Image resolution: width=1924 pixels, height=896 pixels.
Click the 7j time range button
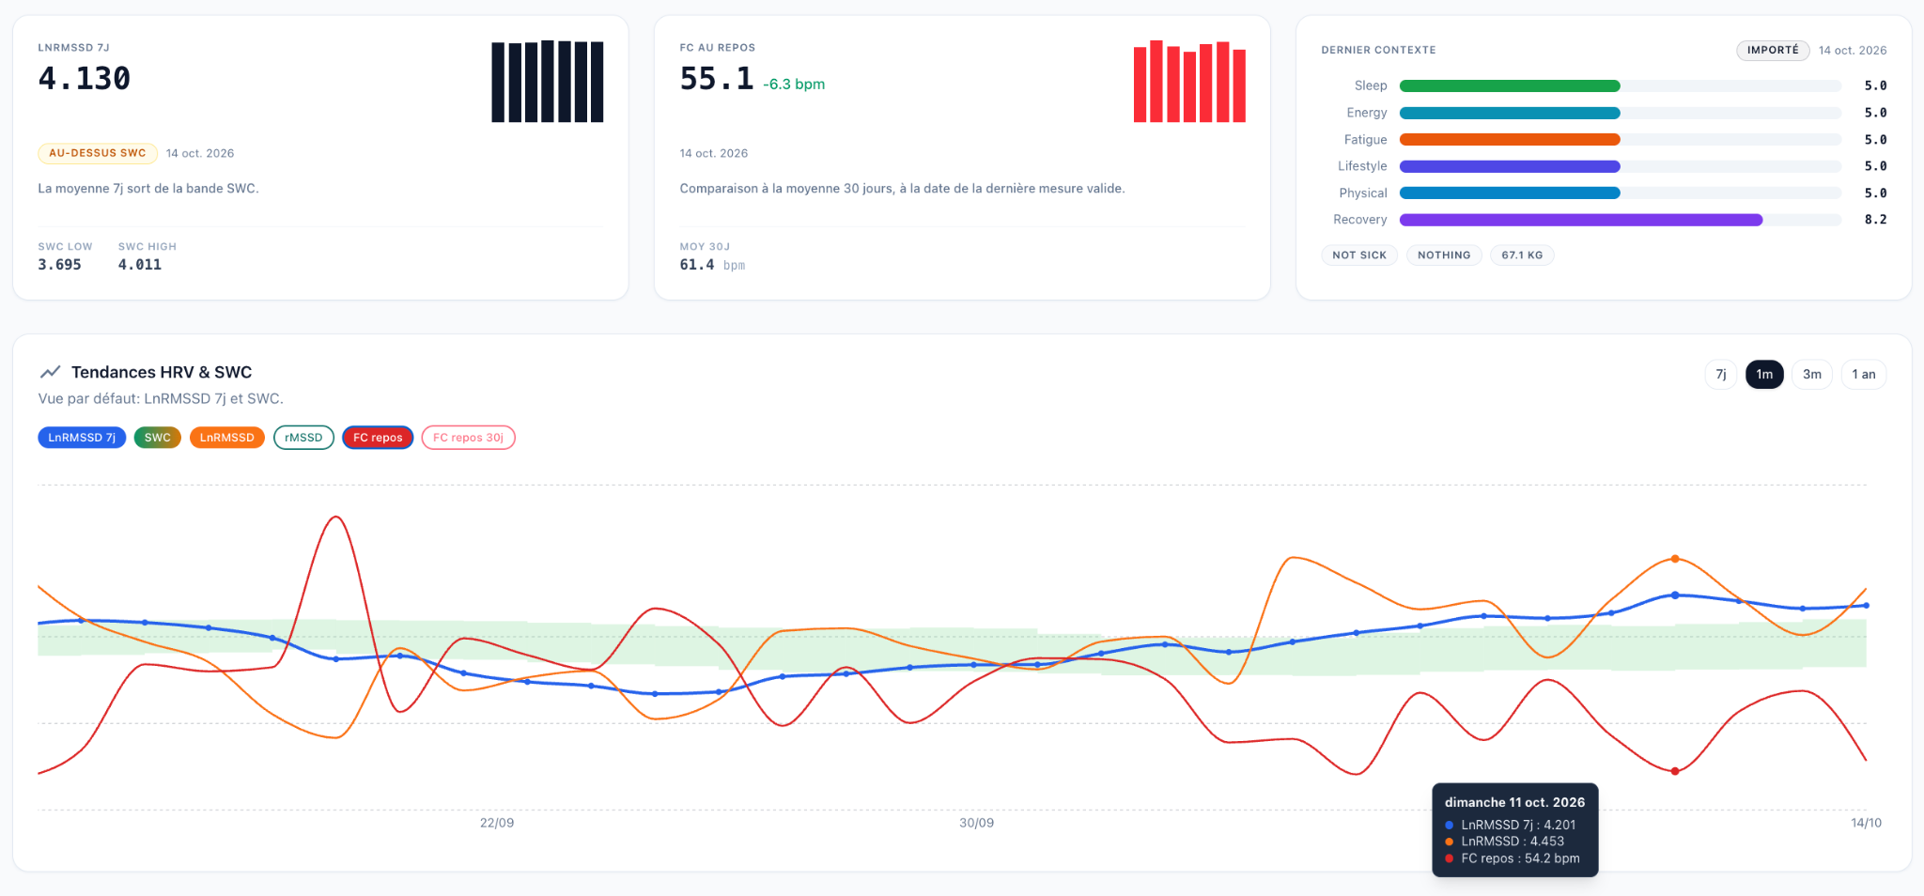tap(1720, 374)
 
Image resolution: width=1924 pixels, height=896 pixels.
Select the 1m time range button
tap(1764, 374)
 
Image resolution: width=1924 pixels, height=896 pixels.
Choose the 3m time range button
tap(1811, 374)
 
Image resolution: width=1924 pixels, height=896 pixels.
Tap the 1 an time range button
tap(1863, 374)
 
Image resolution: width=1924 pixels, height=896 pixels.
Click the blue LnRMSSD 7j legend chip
tap(82, 438)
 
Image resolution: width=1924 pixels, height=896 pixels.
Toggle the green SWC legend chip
tap(158, 438)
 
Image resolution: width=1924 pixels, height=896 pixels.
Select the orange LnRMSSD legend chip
tap(226, 438)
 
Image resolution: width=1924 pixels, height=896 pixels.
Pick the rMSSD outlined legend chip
tap(303, 438)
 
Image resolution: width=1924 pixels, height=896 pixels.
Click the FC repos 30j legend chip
tap(468, 438)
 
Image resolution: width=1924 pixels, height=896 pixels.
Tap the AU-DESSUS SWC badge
tap(98, 153)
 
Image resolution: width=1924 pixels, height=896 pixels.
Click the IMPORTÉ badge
tap(1773, 50)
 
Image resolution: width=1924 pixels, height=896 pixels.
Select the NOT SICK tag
tap(1359, 255)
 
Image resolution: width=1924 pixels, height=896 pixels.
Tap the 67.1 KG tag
tap(1522, 255)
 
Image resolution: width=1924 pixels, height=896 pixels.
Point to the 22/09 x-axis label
tap(497, 823)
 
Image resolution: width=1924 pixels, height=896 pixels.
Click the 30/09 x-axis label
tap(976, 823)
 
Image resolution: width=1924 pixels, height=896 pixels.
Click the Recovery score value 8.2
tap(1875, 220)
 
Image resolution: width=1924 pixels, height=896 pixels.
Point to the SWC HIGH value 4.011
tap(140, 265)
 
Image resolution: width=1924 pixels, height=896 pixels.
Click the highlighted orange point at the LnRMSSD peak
tap(1675, 559)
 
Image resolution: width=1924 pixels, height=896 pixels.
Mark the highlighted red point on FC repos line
tap(1675, 771)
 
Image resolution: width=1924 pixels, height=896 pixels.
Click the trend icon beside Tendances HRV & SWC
tap(51, 372)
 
